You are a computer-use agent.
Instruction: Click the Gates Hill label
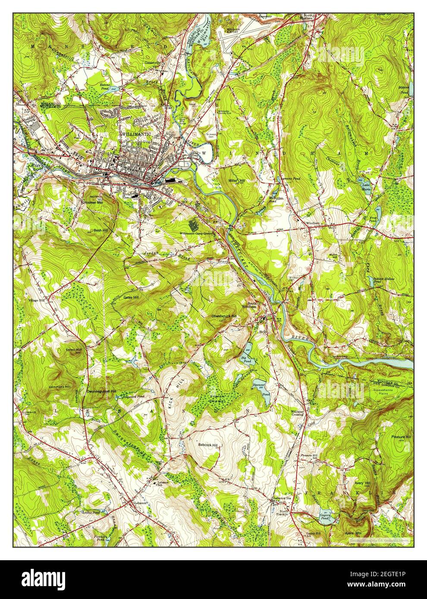coord(131,297)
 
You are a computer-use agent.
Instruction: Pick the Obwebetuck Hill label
coord(224,316)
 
